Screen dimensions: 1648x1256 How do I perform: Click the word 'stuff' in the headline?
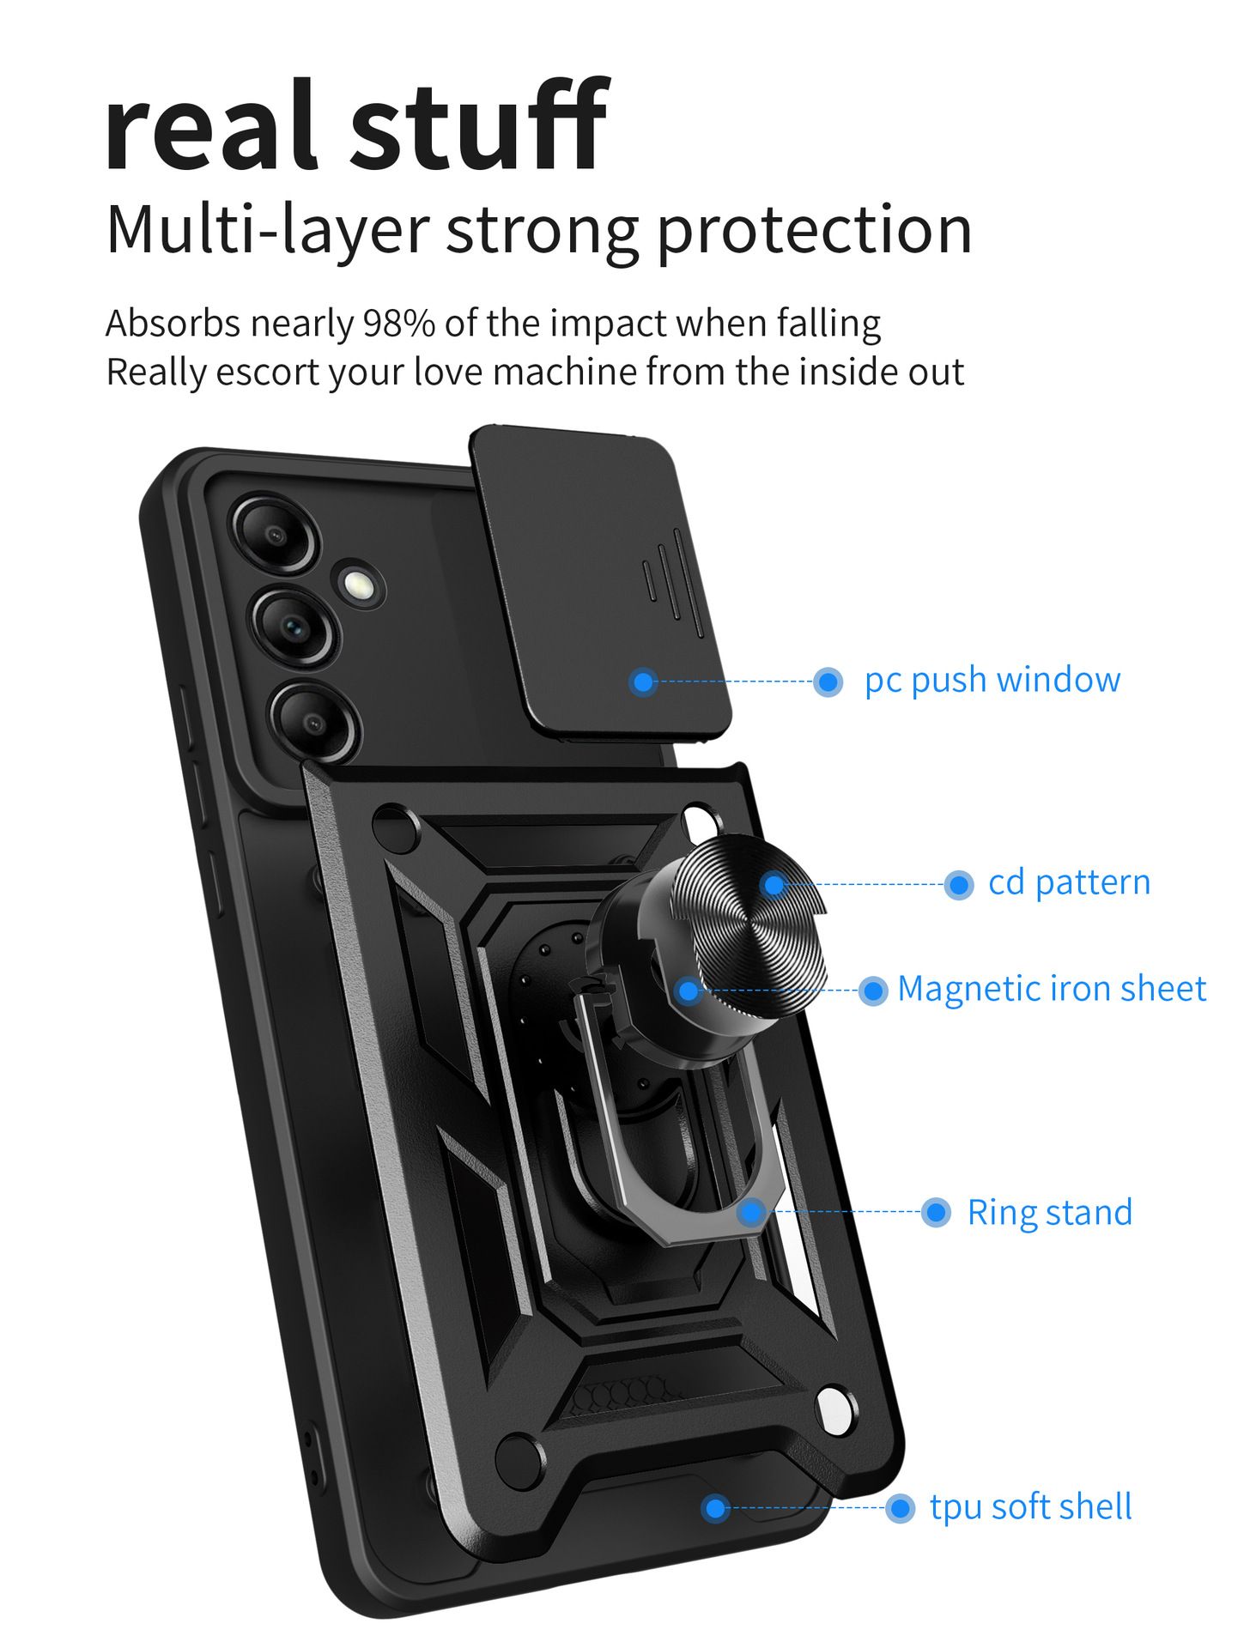479,127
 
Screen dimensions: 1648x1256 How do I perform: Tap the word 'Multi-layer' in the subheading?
266,230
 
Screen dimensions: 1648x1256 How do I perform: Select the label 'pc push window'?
992,680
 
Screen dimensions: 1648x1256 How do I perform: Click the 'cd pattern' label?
1069,882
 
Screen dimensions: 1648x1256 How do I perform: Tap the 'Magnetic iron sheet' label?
1051,989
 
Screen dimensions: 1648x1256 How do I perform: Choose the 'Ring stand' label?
1049,1213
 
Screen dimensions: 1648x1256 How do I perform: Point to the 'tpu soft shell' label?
1030,1507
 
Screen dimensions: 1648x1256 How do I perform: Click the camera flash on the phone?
358,585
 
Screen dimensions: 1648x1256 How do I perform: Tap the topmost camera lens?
275,534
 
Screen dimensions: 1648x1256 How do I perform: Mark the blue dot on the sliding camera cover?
643,682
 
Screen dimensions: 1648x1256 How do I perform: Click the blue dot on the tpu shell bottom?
714,1508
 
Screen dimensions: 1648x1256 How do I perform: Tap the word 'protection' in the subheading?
815,230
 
